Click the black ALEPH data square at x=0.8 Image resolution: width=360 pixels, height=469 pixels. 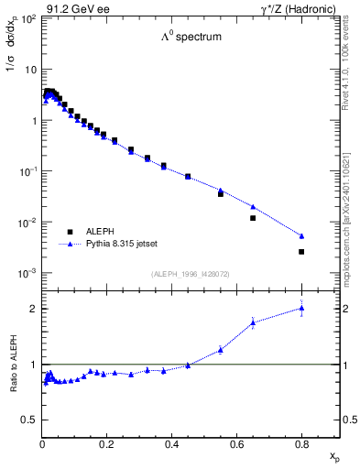[x=301, y=251]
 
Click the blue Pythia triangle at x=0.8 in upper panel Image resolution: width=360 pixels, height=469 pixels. [x=301, y=235]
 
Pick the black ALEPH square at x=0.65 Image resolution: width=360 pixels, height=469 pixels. [x=253, y=218]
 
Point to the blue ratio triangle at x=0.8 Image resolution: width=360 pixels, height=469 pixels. [x=301, y=308]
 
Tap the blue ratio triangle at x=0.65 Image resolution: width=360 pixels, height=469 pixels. [x=253, y=322]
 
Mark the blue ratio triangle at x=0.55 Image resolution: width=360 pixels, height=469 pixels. [x=221, y=349]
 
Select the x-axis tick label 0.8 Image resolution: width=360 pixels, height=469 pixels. [x=301, y=445]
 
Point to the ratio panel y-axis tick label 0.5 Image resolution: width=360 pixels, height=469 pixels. [x=29, y=420]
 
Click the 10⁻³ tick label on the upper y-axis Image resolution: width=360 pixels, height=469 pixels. [x=28, y=274]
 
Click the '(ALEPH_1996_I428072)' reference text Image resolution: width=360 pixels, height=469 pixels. [x=190, y=274]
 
